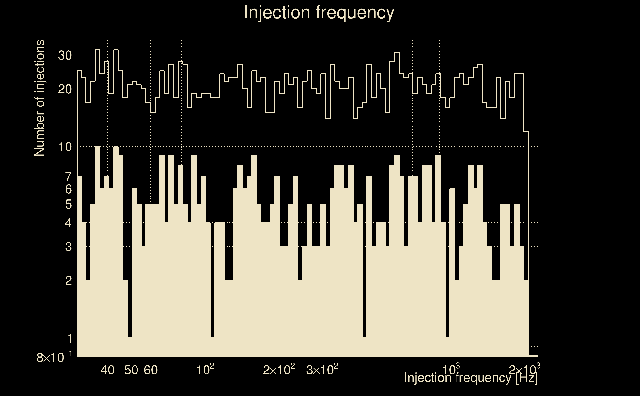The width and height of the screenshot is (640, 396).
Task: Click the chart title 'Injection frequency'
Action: (319, 12)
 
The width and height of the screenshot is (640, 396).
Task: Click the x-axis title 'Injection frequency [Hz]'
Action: (471, 378)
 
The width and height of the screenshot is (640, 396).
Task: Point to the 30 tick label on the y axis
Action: (65, 55)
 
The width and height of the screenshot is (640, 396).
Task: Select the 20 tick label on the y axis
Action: (65, 89)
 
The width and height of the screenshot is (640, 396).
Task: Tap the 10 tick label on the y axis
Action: (65, 147)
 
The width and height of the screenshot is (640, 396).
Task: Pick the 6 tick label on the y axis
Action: (68, 189)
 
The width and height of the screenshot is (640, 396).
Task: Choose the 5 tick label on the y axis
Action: (68, 204)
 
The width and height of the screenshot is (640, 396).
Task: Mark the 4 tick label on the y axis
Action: (68, 223)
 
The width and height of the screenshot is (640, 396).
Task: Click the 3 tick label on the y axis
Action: (68, 247)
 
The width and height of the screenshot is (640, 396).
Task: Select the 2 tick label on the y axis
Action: (68, 280)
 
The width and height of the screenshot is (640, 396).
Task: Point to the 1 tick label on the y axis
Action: (70, 338)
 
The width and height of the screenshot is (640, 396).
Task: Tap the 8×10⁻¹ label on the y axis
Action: (54, 357)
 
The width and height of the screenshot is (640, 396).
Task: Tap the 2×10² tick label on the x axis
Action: (279, 370)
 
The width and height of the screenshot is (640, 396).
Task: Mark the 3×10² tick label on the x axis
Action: (322, 370)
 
